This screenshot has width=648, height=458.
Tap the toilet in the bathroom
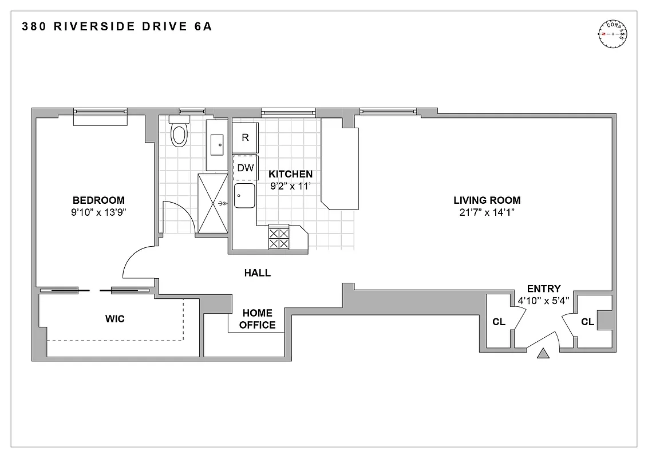[180, 133]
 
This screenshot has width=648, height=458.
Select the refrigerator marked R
[245, 137]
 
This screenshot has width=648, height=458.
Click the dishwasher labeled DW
[245, 168]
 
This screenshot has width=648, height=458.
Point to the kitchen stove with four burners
[279, 238]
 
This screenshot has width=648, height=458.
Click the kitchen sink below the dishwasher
[245, 197]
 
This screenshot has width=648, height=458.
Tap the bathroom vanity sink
[218, 145]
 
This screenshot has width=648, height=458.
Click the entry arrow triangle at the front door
[543, 354]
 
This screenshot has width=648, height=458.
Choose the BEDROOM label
[98, 200]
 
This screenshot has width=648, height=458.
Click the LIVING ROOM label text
[487, 200]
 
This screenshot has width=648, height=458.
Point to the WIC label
[115, 319]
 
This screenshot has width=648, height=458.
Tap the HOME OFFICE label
[257, 319]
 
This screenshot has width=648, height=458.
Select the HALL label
[257, 273]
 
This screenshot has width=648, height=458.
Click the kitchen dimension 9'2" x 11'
[291, 185]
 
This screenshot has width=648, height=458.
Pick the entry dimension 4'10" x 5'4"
[543, 301]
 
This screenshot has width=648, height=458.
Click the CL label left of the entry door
[499, 322]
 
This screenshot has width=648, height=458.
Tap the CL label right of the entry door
[587, 322]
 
